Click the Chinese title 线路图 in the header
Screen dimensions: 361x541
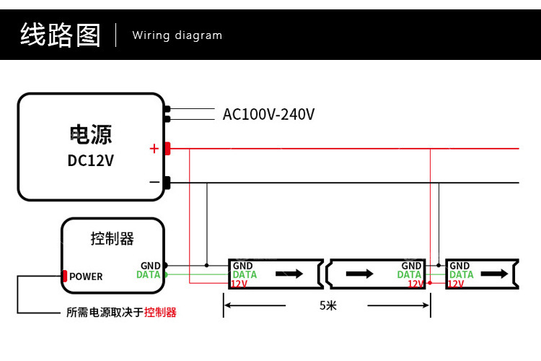coord(61,35)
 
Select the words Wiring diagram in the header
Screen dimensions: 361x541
coord(177,35)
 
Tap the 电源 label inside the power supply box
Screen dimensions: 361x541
coord(90,134)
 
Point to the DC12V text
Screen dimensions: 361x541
coord(90,160)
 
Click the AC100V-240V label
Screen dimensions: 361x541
coord(268,114)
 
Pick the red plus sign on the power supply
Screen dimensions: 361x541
coord(154,149)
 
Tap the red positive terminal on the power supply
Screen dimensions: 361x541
coord(167,149)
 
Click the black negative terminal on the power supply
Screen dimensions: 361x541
coord(167,183)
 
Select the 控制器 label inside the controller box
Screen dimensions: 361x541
coord(113,238)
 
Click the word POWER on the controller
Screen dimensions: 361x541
coord(86,277)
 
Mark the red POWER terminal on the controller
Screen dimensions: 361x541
coord(65,276)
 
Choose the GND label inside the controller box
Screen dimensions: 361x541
coord(151,266)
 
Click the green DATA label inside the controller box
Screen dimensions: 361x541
coord(149,275)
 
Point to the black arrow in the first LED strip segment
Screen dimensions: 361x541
coord(289,274)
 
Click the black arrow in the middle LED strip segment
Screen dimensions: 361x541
coord(360,274)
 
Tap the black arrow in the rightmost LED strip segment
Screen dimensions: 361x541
coord(494,274)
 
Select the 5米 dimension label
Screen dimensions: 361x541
coord(328,305)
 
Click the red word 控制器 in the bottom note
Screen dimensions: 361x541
coord(160,313)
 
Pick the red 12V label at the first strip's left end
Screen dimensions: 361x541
coord(239,284)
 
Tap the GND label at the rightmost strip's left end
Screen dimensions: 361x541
coord(459,266)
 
